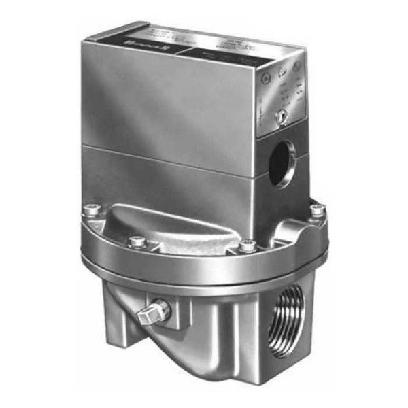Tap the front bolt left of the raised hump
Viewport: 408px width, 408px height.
tap(138, 241)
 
